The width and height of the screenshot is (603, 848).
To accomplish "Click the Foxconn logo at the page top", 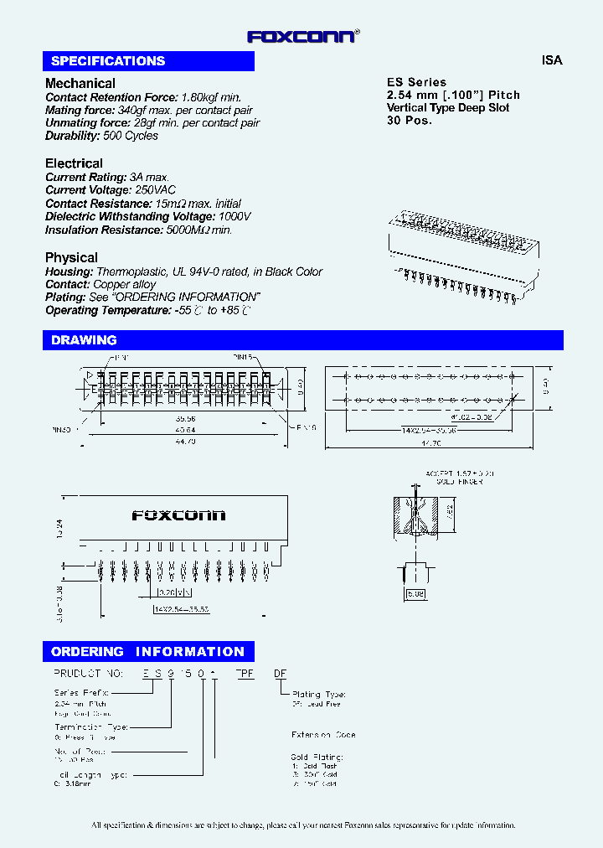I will (x=303, y=36).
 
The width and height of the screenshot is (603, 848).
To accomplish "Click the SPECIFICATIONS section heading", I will (x=108, y=61).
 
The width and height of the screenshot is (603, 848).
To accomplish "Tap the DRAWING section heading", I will (x=84, y=340).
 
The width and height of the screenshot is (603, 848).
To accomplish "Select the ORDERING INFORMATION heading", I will (x=147, y=652).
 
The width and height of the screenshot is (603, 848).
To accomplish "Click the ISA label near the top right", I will (x=552, y=60).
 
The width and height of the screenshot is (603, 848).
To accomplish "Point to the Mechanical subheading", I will (x=80, y=83).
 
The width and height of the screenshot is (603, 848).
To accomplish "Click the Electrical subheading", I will (x=74, y=163).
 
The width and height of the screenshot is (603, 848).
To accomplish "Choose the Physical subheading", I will (x=71, y=257).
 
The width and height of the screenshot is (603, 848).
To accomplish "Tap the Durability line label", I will (x=73, y=136).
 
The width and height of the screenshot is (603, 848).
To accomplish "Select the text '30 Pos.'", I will (x=410, y=120).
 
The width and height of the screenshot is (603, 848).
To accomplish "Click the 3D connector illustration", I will (x=462, y=243).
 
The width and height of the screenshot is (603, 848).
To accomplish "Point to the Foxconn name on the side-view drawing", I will (x=178, y=516).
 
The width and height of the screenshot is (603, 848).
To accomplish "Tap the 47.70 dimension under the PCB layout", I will (x=430, y=441).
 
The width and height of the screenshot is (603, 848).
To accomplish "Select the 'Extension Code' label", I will (x=323, y=735).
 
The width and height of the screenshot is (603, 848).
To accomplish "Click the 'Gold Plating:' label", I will (x=317, y=757).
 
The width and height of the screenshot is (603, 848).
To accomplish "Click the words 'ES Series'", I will (x=416, y=82).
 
